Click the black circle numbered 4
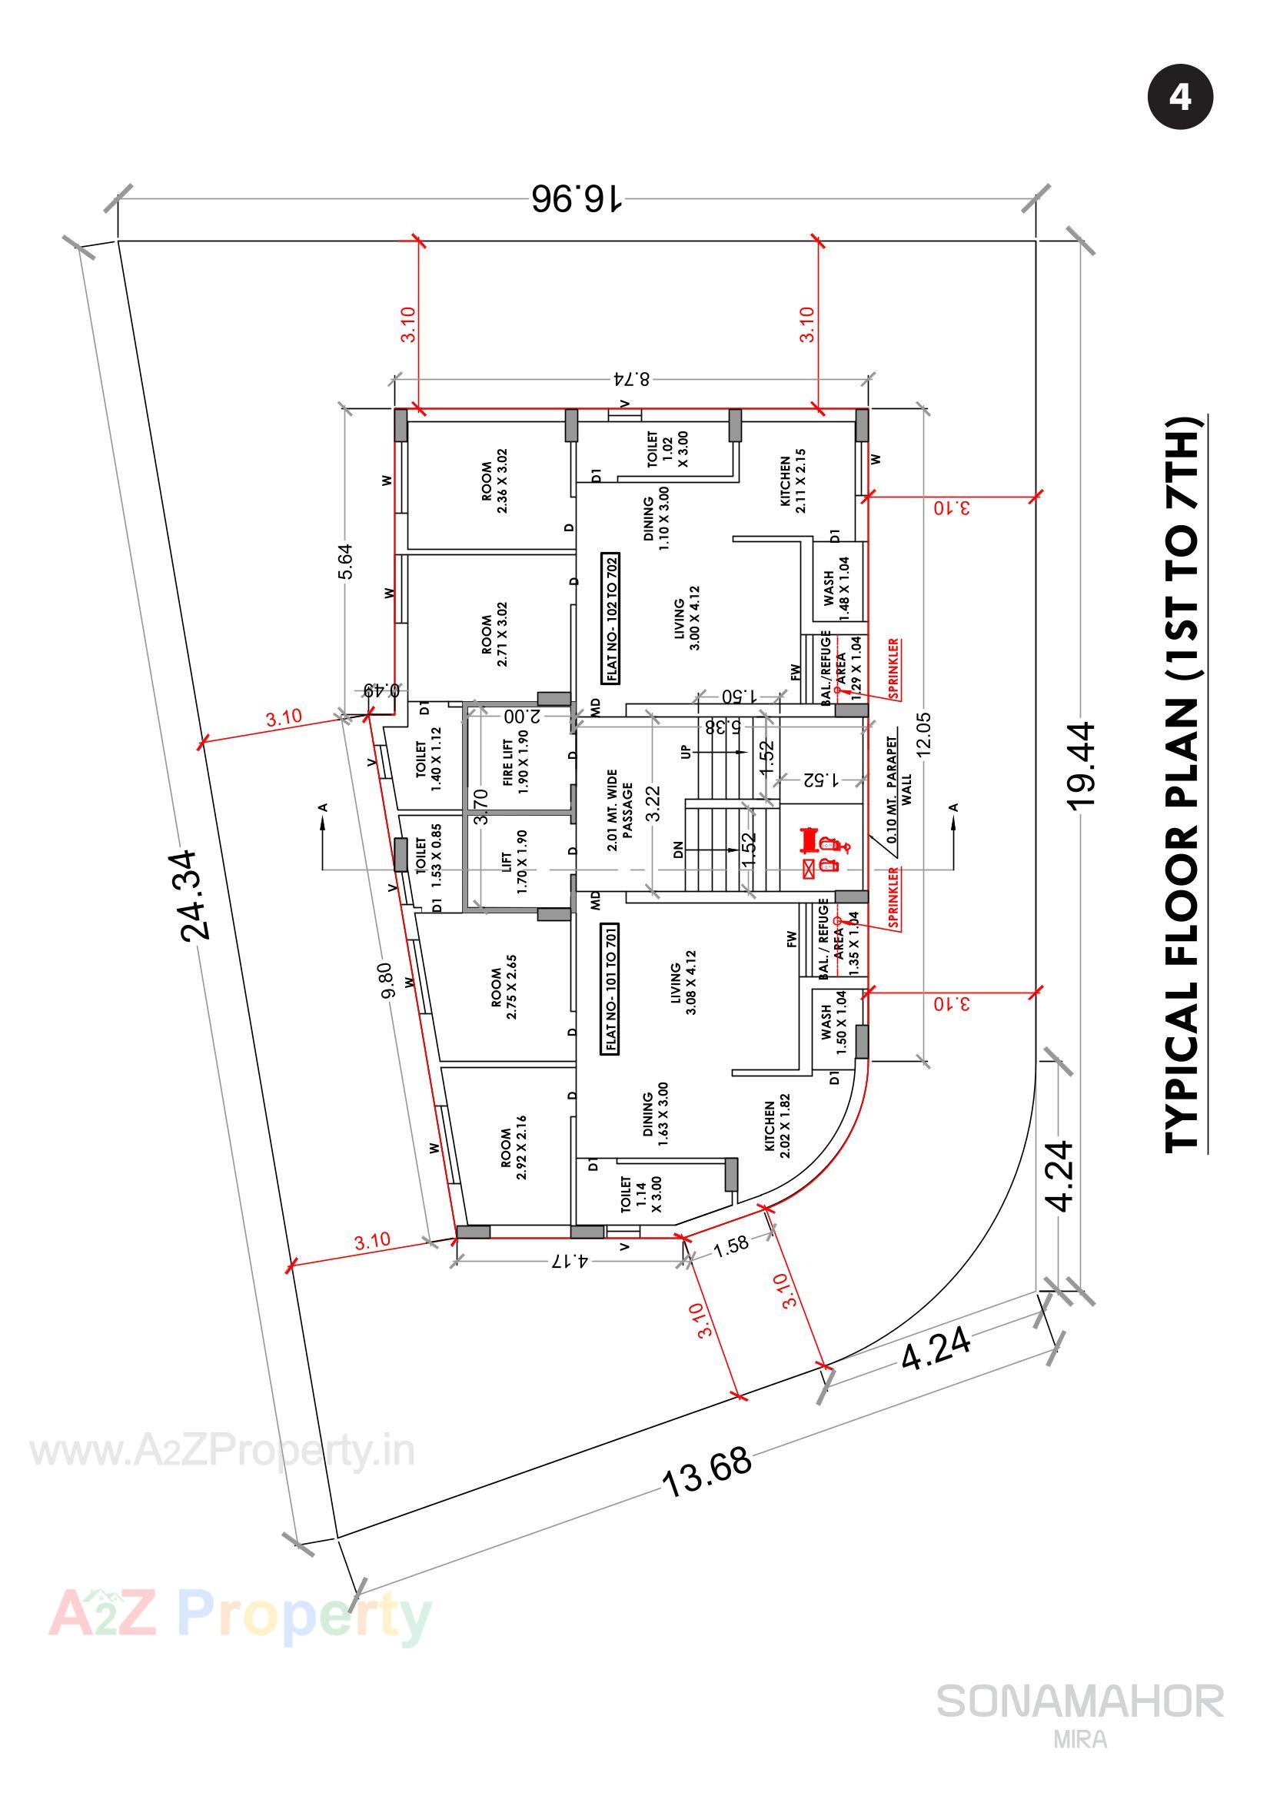point(1180,98)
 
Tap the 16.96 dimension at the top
point(577,198)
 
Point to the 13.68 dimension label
point(708,1472)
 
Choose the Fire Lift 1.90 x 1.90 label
point(515,763)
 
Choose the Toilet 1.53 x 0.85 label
point(428,860)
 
